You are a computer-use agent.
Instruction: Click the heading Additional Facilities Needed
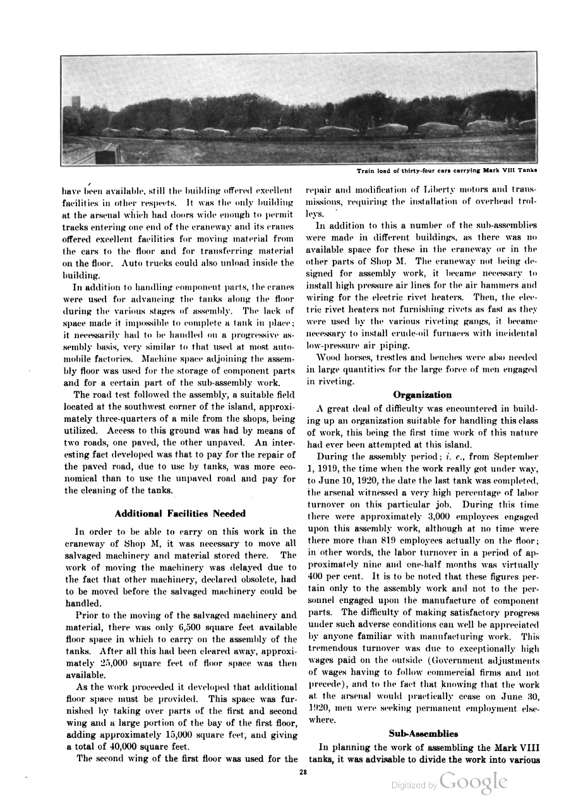point(181,513)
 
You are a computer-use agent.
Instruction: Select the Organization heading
point(423,395)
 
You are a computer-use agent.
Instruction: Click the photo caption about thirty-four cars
point(447,170)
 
